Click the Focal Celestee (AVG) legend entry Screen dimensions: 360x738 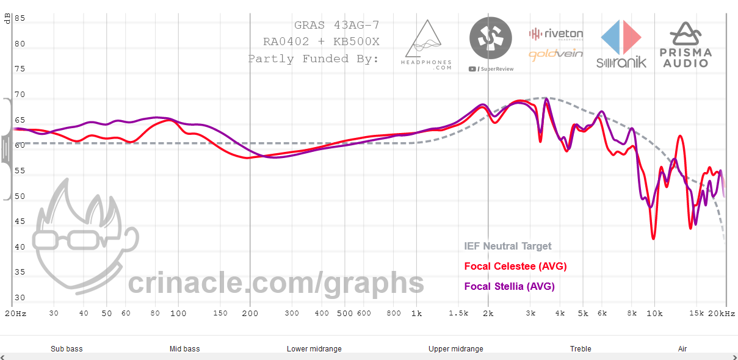point(515,266)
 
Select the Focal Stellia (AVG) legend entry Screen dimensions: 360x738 point(509,286)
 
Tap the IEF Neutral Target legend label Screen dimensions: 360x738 point(507,247)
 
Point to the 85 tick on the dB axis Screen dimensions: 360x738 point(20,18)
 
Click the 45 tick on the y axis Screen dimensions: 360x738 point(20,222)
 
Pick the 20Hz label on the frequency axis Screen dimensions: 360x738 point(16,314)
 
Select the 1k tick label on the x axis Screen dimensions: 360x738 point(416,314)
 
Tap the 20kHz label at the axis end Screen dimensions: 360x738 point(722,314)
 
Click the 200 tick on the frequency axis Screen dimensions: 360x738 point(249,314)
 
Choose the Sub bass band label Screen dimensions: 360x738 point(67,349)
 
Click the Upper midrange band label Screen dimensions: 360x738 point(455,349)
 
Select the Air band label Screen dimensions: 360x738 point(682,349)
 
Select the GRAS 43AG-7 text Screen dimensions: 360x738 point(336,26)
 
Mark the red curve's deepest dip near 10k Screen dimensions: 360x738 point(654,237)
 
